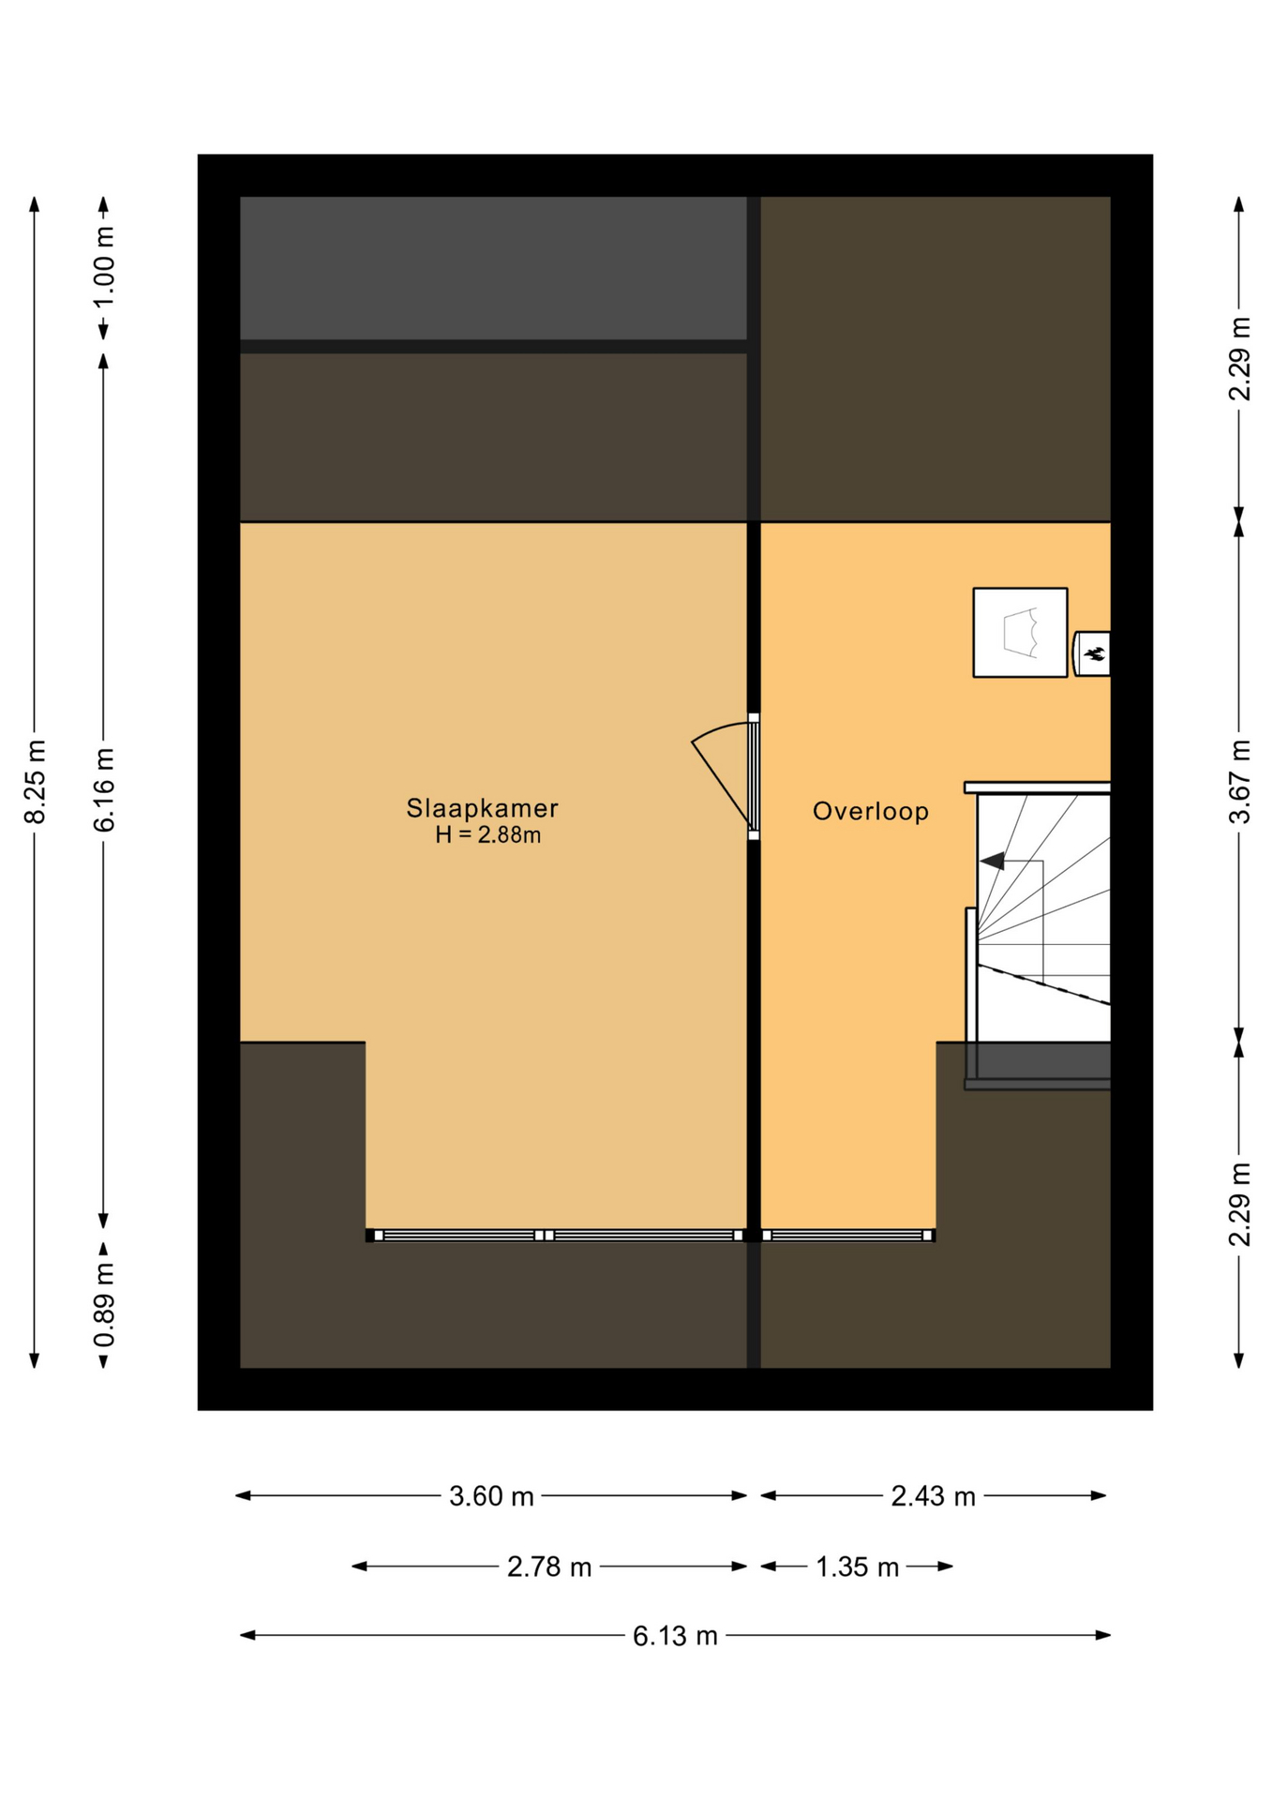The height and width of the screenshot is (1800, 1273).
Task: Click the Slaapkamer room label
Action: (x=482, y=807)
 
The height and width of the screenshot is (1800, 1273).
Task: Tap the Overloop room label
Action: (x=870, y=811)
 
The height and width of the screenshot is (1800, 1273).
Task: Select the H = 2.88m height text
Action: (x=487, y=834)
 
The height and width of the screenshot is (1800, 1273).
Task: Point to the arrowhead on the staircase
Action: (x=992, y=861)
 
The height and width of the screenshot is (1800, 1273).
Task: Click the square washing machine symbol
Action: (x=1020, y=632)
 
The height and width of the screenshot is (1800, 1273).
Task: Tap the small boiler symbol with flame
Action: (x=1091, y=653)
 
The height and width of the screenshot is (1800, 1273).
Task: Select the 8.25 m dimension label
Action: (x=35, y=782)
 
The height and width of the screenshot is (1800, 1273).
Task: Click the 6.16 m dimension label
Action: (x=104, y=789)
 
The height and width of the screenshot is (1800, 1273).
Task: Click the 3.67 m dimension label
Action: (x=1239, y=782)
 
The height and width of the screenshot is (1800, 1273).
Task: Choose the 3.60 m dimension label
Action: (x=491, y=1496)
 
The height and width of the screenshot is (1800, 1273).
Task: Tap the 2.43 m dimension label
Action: (x=933, y=1496)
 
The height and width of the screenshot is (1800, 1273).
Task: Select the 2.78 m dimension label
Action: (x=549, y=1567)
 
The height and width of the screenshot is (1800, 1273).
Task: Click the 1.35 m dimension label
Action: (x=857, y=1567)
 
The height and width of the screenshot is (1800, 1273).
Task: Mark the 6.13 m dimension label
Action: (x=675, y=1636)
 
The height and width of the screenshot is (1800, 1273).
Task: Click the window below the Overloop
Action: (x=847, y=1236)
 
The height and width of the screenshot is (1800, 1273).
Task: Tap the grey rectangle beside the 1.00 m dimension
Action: (x=493, y=268)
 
